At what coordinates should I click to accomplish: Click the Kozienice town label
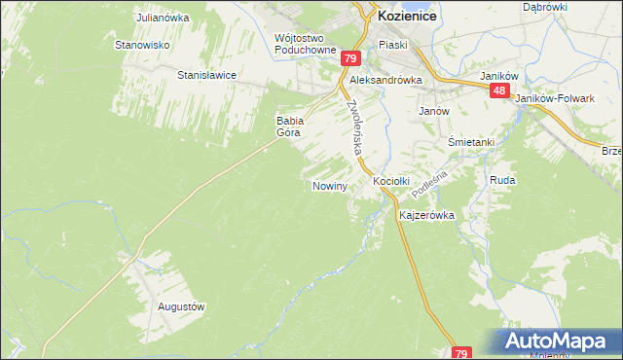point(406,17)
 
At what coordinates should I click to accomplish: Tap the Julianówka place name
point(162,18)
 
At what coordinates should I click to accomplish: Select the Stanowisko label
point(143,45)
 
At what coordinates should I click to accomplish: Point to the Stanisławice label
point(206,74)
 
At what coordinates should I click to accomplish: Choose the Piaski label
point(393,45)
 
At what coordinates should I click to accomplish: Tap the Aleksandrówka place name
point(385,81)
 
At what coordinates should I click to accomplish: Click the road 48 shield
point(498,90)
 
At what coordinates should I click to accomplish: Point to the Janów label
point(433,111)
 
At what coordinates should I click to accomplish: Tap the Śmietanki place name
point(471,142)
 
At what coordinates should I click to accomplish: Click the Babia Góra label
point(291,126)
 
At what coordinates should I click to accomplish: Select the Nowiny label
point(329,185)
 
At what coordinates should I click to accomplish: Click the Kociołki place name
point(392,181)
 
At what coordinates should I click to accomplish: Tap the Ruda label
point(502,181)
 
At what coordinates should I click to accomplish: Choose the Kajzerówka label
point(426,216)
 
